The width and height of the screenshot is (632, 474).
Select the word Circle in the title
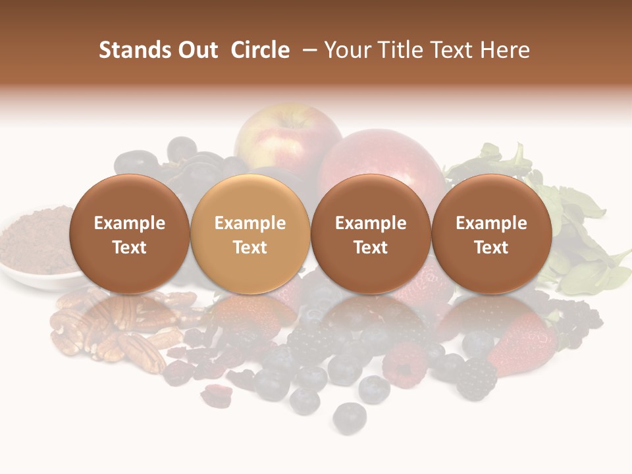(260, 50)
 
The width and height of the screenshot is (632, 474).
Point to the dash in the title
(307, 51)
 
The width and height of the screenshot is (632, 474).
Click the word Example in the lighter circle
(250, 223)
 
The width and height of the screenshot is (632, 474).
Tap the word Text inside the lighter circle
(250, 248)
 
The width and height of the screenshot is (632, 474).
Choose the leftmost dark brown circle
(130, 234)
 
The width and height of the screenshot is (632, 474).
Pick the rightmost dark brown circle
(492, 234)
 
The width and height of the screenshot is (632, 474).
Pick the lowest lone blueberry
(349, 416)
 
